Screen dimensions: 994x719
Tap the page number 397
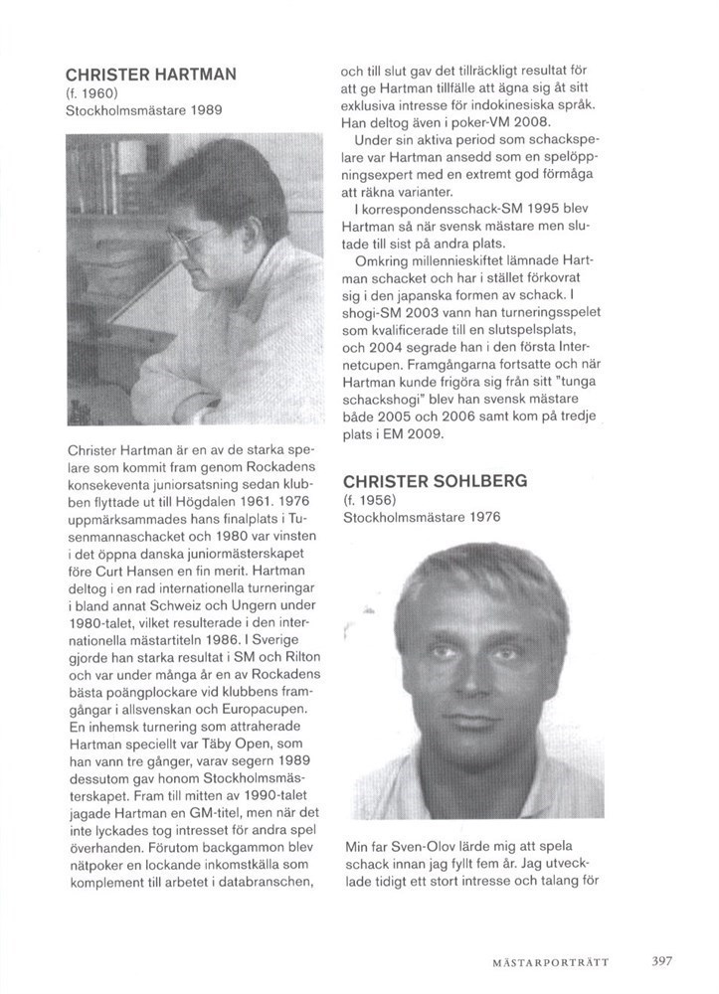click(662, 961)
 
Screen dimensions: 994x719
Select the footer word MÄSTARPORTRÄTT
click(550, 962)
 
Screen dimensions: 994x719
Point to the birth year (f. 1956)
click(370, 500)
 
